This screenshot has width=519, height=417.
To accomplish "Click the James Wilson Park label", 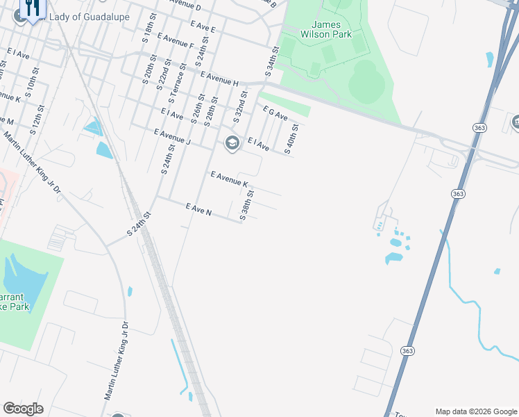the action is [326, 28].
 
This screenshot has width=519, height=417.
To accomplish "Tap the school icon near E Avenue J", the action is [232, 142].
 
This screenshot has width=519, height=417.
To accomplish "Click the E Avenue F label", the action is [176, 40].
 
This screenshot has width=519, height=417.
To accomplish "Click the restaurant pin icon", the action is [31, 8].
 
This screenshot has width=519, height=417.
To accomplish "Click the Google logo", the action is [23, 409].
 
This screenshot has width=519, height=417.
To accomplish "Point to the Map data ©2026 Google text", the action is [475, 411].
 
